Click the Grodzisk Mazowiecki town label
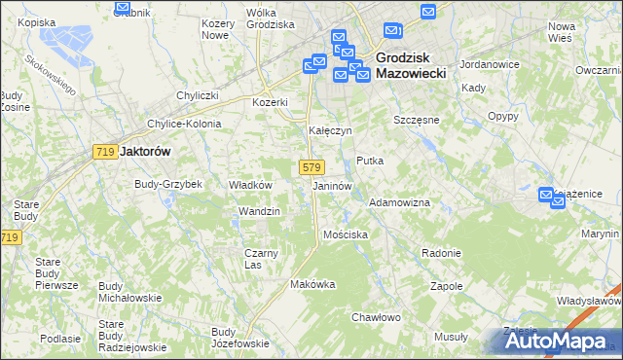(x=410, y=64)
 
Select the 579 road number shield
(x=311, y=167)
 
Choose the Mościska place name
(x=346, y=234)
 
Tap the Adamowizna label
(x=399, y=202)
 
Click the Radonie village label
(x=441, y=253)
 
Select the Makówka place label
(x=312, y=284)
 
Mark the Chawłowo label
(x=376, y=317)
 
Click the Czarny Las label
(x=261, y=259)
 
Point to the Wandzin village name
(x=259, y=211)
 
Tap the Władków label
(x=249, y=184)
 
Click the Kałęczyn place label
(x=330, y=129)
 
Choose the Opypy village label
(x=502, y=116)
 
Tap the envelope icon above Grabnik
(x=123, y=8)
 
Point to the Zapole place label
(x=446, y=286)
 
